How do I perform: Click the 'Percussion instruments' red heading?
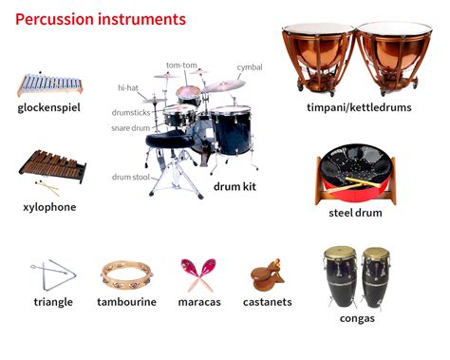101,19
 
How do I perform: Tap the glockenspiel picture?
49,85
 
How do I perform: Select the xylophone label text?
49,207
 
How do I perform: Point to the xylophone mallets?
47,188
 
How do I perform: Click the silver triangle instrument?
53,275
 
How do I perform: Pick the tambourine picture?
126,275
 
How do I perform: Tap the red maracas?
198,275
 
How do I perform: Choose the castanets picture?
268,275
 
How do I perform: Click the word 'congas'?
357,318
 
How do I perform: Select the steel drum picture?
356,175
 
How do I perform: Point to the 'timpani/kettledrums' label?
359,107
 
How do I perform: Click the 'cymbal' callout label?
250,67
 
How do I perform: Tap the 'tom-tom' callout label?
181,65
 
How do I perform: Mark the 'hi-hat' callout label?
128,87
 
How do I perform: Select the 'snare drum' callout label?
130,128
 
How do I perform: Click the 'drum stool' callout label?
130,177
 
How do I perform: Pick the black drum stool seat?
170,140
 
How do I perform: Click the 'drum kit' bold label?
234,186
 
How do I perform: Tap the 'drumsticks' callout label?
131,112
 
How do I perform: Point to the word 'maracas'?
199,302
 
